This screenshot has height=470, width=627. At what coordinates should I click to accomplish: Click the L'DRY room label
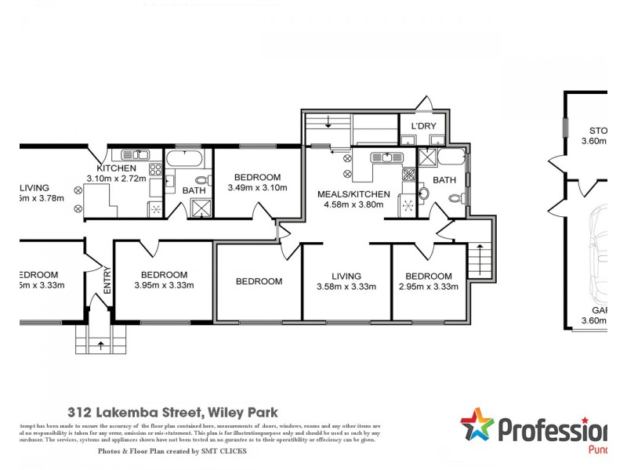[423, 127]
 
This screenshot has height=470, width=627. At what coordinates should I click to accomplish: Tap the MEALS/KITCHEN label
[353, 194]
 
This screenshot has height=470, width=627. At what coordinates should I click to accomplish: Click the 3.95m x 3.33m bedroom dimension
[164, 285]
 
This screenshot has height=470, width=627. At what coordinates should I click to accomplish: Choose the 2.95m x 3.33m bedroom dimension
[429, 287]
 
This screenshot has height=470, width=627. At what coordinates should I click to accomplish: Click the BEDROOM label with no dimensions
[259, 281]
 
